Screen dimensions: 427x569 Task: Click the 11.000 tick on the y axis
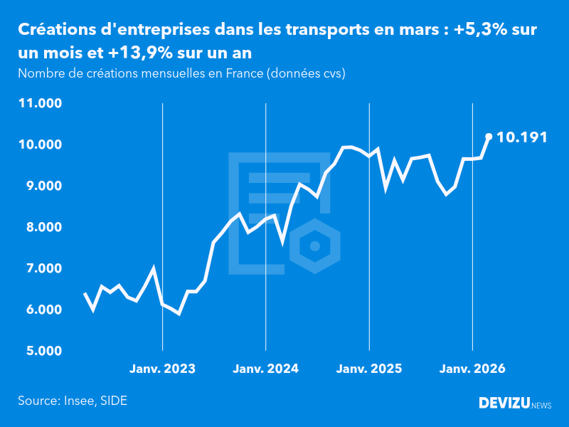41,103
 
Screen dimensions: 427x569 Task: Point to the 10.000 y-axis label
41,144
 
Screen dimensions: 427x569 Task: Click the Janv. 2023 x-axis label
162,369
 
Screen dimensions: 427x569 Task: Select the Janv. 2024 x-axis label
266,369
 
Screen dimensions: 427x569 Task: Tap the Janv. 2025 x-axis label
369,369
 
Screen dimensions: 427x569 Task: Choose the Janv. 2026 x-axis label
473,369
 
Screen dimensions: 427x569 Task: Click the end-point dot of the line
489,137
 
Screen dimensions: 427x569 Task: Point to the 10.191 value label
522,137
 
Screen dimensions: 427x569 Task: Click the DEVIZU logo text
504,404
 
